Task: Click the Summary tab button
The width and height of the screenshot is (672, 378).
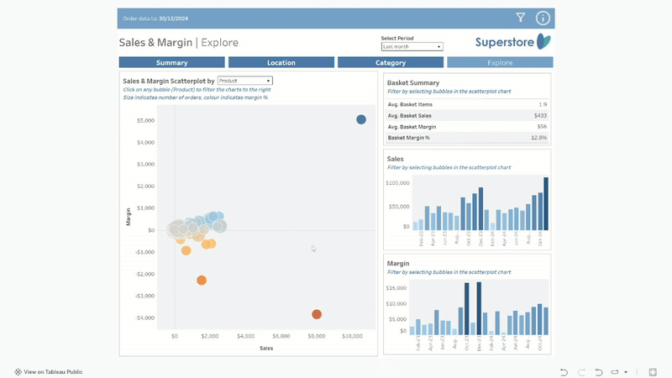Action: [172, 63]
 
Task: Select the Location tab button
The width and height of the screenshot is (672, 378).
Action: [281, 63]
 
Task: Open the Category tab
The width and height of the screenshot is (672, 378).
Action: [391, 63]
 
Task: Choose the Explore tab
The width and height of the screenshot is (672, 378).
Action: [500, 63]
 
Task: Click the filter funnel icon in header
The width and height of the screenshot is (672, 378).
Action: [521, 18]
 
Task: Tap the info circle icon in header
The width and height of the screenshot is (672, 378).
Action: [543, 18]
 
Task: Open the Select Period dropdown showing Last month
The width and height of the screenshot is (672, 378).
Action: [412, 47]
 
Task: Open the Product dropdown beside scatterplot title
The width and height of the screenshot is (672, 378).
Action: [244, 81]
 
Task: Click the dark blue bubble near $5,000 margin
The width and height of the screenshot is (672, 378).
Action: [361, 119]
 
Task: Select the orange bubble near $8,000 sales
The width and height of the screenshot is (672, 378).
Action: [317, 314]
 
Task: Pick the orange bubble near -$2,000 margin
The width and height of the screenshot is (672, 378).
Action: [202, 281]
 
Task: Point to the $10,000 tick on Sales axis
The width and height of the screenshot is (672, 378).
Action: [353, 336]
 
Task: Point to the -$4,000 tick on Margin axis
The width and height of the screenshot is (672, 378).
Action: [145, 318]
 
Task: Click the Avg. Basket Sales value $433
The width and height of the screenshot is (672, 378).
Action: [540, 115]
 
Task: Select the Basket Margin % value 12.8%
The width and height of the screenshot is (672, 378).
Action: [538, 137]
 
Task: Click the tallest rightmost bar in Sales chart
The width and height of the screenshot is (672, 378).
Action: [546, 203]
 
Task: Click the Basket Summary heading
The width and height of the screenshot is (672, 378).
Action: [413, 82]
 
